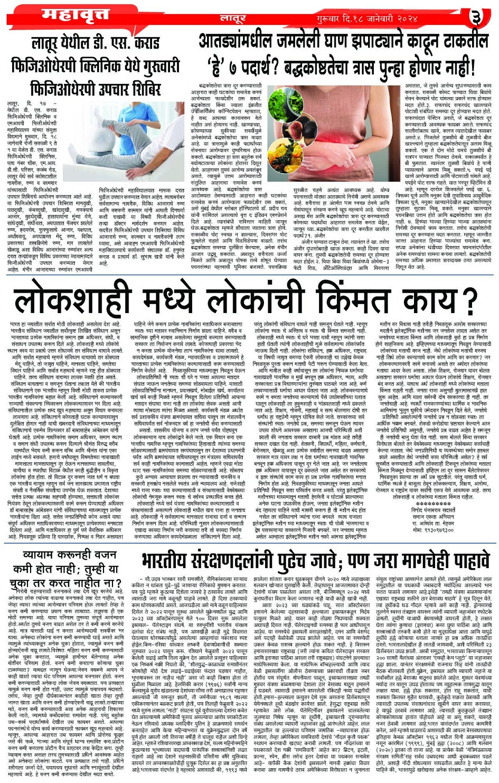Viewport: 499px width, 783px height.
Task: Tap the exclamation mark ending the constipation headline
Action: tap(473, 65)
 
